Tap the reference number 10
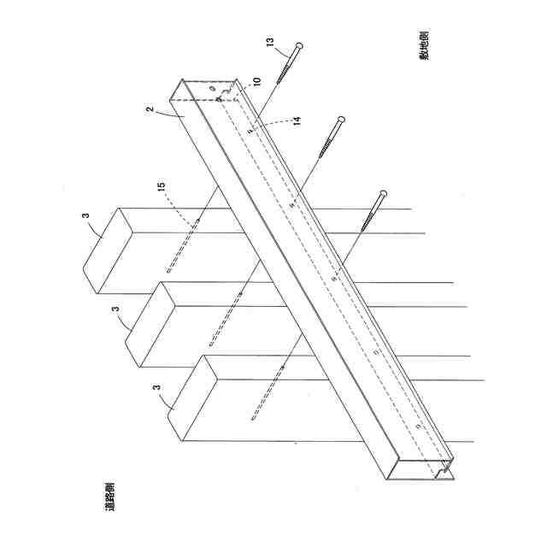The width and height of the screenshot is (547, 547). tap(256, 83)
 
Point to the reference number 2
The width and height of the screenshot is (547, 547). tap(149, 112)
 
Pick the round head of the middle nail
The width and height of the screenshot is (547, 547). tap(342, 119)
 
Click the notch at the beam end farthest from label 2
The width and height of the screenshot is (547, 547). tap(443, 469)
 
